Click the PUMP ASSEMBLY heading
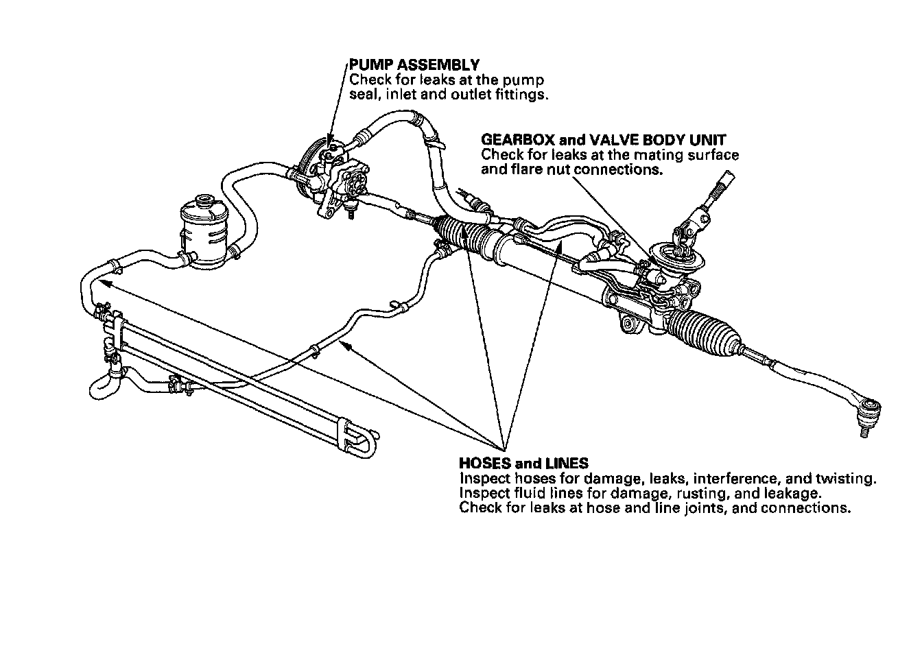click(414, 65)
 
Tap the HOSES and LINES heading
click(523, 464)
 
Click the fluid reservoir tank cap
click(202, 201)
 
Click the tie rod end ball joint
click(869, 409)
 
